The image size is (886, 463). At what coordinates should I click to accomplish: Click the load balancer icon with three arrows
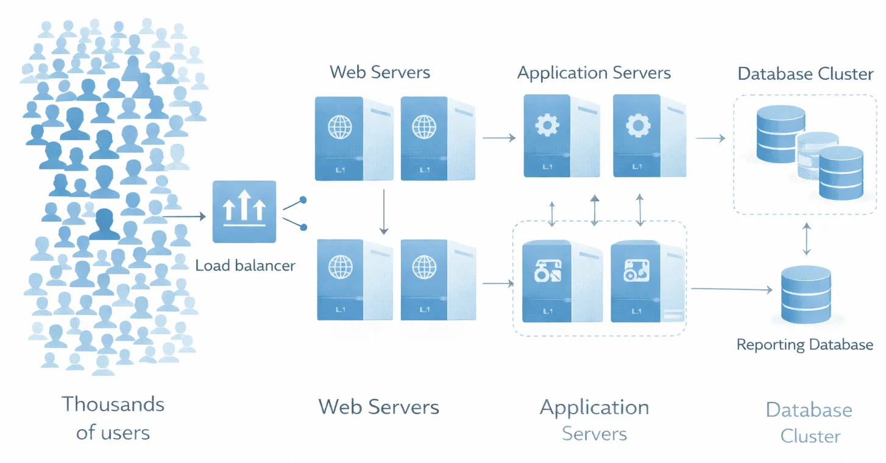tap(244, 211)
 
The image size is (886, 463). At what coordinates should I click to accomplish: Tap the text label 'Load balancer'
tap(245, 266)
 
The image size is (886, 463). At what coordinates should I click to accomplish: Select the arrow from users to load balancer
tap(184, 216)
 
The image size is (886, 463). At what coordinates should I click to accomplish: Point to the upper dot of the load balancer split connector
tap(303, 200)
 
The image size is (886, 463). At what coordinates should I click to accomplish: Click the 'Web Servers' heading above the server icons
tap(380, 72)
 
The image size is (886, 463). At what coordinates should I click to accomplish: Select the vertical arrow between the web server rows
tap(383, 212)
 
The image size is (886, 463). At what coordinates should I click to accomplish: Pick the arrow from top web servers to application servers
tap(499, 138)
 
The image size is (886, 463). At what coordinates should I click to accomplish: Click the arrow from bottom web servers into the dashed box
tap(498, 283)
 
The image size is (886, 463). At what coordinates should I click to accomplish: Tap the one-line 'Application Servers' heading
tap(594, 74)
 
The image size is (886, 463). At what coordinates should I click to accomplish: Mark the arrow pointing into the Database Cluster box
tap(710, 138)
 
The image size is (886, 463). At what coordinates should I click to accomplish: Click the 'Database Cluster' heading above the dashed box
tap(805, 74)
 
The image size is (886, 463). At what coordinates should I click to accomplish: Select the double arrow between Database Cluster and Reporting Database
tap(807, 239)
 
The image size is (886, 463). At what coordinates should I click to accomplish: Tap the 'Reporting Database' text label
tap(804, 345)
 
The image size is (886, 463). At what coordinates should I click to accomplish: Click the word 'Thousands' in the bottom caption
tap(113, 404)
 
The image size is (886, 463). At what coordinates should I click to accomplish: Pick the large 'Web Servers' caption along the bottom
tap(378, 407)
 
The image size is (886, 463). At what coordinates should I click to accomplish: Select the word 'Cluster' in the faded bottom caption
tap(810, 436)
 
